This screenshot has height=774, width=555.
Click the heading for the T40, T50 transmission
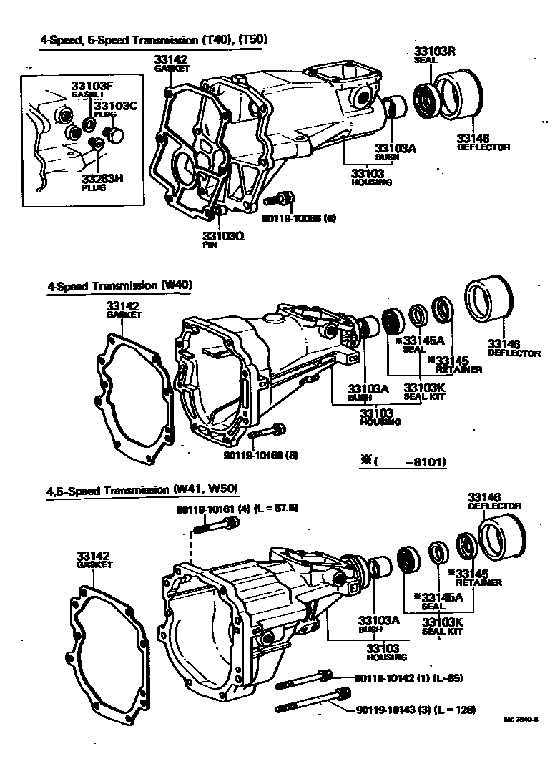coord(154,40)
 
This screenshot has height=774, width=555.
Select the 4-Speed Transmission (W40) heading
coord(120,285)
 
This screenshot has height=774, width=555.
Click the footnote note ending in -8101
coord(403,463)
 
